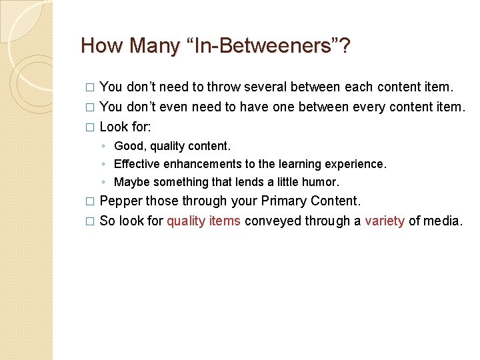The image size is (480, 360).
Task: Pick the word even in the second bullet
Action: [x=183, y=107]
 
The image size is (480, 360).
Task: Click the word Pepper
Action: [x=121, y=201]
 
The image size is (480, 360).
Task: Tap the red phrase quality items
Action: [x=203, y=221]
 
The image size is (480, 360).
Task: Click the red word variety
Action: [x=385, y=221]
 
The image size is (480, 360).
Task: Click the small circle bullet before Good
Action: [x=102, y=146]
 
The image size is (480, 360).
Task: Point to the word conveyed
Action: [x=273, y=221]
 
